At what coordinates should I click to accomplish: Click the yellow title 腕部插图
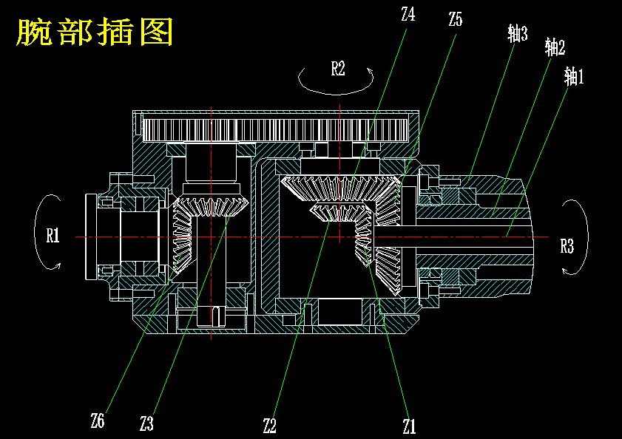tap(95, 33)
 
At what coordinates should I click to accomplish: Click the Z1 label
tap(409, 426)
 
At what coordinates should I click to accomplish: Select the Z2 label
tap(269, 425)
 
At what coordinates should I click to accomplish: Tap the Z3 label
tap(146, 424)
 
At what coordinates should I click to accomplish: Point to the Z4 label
tap(408, 14)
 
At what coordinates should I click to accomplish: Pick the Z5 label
tap(455, 20)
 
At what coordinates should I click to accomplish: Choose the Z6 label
tap(98, 422)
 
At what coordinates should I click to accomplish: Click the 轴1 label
tap(573, 76)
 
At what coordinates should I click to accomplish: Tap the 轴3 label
tap(518, 33)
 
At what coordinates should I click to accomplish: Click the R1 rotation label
tap(53, 236)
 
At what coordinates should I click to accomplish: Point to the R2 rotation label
tap(337, 69)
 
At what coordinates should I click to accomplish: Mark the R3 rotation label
tap(567, 246)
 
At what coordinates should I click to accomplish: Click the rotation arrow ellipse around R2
tap(337, 90)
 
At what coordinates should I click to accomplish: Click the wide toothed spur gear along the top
tap(277, 130)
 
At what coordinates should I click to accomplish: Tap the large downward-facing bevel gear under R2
tap(337, 188)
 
